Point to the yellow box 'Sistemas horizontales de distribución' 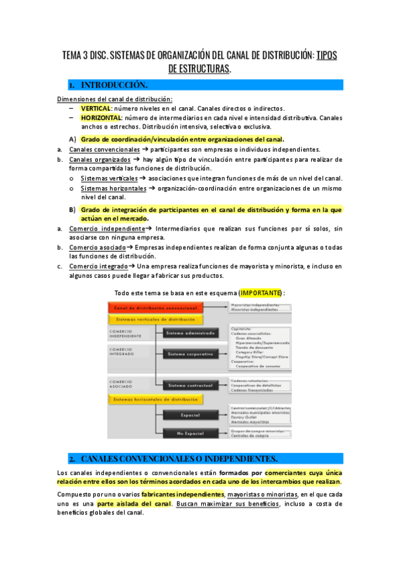[x=156, y=399]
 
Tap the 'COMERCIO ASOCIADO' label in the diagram [x=122, y=384]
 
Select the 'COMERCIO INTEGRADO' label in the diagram [x=122, y=352]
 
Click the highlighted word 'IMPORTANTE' [x=260, y=293]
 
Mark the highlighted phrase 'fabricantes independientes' [x=183, y=494]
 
